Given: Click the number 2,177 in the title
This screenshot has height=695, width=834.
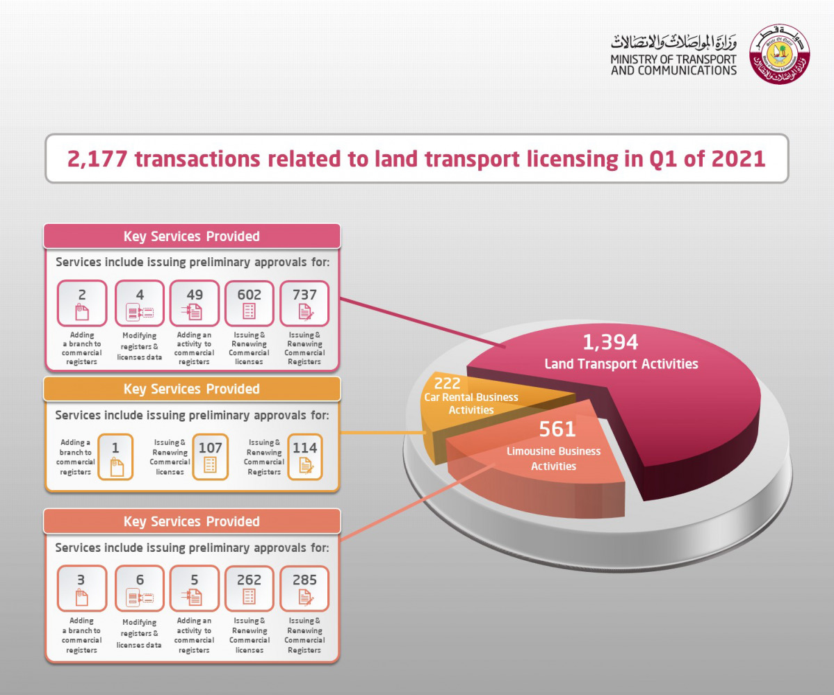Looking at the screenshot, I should [97, 158].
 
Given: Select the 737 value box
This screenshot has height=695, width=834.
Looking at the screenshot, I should [304, 303].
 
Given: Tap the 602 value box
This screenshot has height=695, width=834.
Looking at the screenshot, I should [250, 303].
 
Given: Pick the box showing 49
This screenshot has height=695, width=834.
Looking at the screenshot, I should [195, 303].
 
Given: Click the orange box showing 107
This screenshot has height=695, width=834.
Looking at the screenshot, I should [210, 457].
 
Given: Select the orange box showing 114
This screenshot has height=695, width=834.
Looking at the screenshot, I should [305, 457].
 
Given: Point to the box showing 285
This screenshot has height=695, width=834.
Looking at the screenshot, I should [304, 588].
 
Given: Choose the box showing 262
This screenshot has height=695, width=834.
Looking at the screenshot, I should [250, 588].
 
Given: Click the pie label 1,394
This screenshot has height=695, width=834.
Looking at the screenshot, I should [610, 342].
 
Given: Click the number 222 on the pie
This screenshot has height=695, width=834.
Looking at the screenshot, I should [447, 383].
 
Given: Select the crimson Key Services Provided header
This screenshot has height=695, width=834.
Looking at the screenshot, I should [192, 236].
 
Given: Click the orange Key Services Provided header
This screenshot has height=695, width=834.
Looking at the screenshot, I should [192, 389].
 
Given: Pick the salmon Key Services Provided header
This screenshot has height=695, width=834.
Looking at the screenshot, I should [192, 521].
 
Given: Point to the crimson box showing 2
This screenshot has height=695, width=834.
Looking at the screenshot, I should [82, 303].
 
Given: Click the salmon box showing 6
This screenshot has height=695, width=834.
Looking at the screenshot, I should [140, 588].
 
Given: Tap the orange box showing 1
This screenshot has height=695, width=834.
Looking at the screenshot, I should [115, 457].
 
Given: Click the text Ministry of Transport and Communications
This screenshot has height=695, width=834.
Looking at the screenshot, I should [673, 65].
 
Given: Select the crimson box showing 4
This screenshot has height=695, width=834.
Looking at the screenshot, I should [140, 303].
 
